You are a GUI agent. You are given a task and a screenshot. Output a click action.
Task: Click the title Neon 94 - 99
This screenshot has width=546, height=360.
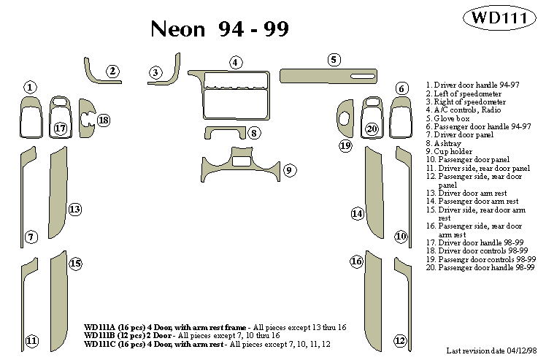(219, 28)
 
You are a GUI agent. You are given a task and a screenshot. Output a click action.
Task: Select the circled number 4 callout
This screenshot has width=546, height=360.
(236, 62)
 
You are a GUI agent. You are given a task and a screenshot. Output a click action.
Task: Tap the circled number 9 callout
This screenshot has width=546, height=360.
(289, 170)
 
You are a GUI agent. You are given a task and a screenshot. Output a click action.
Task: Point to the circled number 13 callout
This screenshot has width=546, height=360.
(74, 210)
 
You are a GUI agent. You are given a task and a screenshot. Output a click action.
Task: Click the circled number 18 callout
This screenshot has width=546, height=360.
(104, 120)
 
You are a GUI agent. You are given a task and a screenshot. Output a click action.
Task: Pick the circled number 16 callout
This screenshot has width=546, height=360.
(356, 261)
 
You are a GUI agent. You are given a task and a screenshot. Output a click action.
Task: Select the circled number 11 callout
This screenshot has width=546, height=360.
(31, 340)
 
